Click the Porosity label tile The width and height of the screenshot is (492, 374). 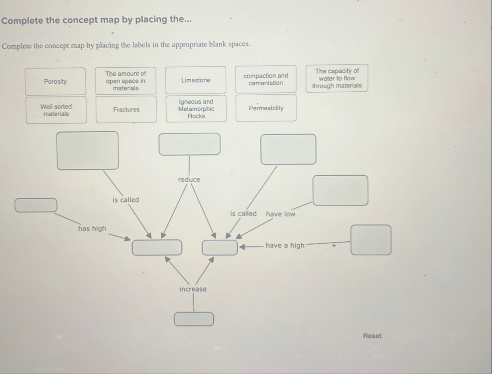55,81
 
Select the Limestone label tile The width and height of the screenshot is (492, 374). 196,80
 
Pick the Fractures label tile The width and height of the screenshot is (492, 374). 126,109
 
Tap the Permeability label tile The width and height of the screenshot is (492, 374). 266,108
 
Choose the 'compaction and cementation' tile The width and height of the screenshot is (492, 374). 266,79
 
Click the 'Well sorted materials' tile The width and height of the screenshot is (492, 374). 56,110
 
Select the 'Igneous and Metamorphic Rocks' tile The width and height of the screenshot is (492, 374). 196,109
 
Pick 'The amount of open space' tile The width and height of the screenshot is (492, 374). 125,81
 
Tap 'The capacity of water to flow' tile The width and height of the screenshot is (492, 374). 337,78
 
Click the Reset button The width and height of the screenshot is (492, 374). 372,336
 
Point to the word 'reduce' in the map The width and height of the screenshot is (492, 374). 189,179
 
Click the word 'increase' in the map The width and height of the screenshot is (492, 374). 193,289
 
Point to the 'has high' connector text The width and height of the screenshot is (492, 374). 92,228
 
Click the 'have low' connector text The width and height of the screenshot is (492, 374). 280,214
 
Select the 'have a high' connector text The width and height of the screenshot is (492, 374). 285,245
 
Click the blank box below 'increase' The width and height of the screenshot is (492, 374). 193,319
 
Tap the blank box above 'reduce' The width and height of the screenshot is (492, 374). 189,144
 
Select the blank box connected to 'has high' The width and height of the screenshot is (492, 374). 36,205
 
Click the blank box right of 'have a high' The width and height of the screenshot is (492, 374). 371,240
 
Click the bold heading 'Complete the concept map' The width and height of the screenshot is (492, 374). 96,20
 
